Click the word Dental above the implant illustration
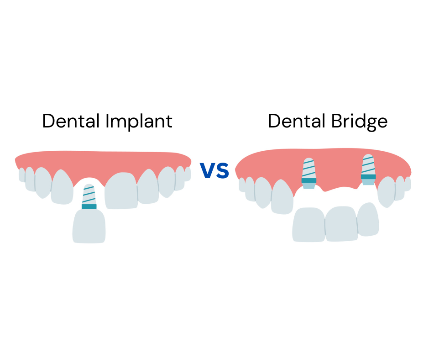point(71,121)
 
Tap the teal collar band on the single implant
point(89,206)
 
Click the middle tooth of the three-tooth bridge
point(340,223)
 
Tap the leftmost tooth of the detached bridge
point(309,224)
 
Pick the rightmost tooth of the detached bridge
point(368,219)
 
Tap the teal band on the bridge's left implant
point(309,180)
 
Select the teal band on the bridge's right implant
point(368,177)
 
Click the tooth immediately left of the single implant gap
point(63,187)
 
